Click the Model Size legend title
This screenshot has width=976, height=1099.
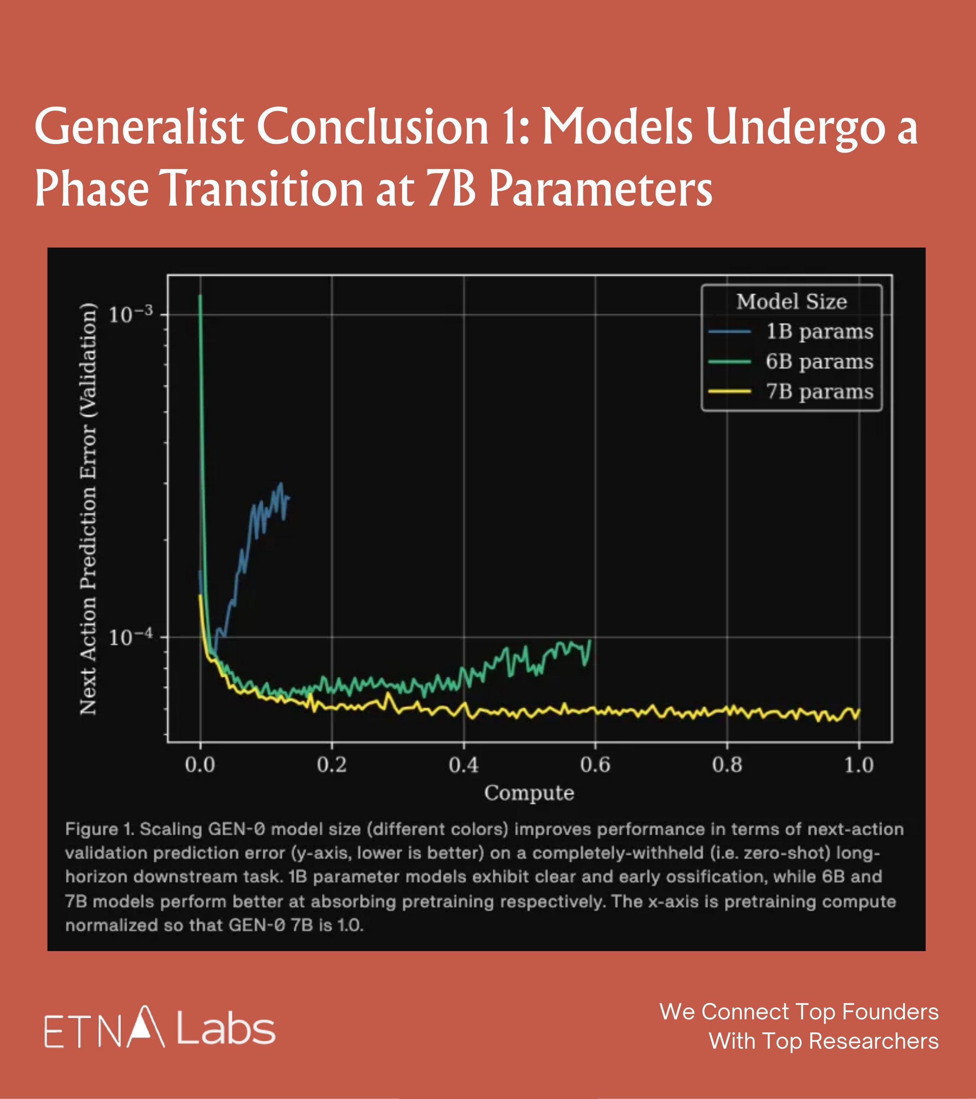[x=792, y=302]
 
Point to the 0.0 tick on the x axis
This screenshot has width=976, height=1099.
[x=200, y=765]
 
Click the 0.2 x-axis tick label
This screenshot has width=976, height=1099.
[x=332, y=765]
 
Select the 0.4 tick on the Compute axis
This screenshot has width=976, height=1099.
[x=463, y=765]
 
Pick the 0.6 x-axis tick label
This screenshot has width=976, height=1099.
[x=595, y=765]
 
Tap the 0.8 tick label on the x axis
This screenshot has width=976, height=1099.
[x=727, y=765]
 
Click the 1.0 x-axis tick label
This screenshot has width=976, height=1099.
[x=859, y=765]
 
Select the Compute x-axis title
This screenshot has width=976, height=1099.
[x=529, y=793]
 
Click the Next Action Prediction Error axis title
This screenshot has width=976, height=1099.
[x=89, y=509]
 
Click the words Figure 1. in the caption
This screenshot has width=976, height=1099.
[x=100, y=829]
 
